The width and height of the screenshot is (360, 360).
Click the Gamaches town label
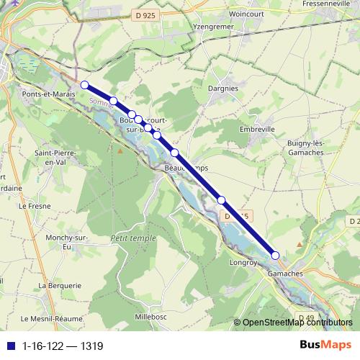(285, 274)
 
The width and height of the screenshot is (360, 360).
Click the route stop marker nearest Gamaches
(275, 255)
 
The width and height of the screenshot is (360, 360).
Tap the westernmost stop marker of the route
(84, 85)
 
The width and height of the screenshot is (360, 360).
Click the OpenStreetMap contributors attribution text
(297, 323)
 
